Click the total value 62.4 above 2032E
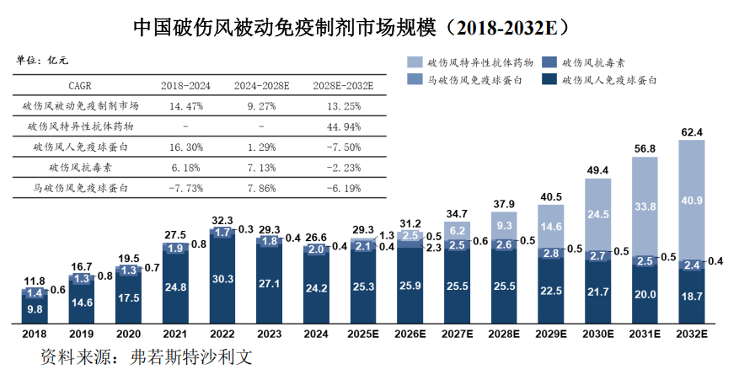point(692,131)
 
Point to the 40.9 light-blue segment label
point(692,201)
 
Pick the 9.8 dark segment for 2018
point(35,308)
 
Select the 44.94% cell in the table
point(343,126)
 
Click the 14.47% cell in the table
point(186,106)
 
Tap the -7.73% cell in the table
point(186,188)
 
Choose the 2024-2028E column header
point(261,85)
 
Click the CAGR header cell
point(85,85)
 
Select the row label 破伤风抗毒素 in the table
point(85,168)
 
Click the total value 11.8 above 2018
point(35,281)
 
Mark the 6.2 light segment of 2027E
point(458,230)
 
